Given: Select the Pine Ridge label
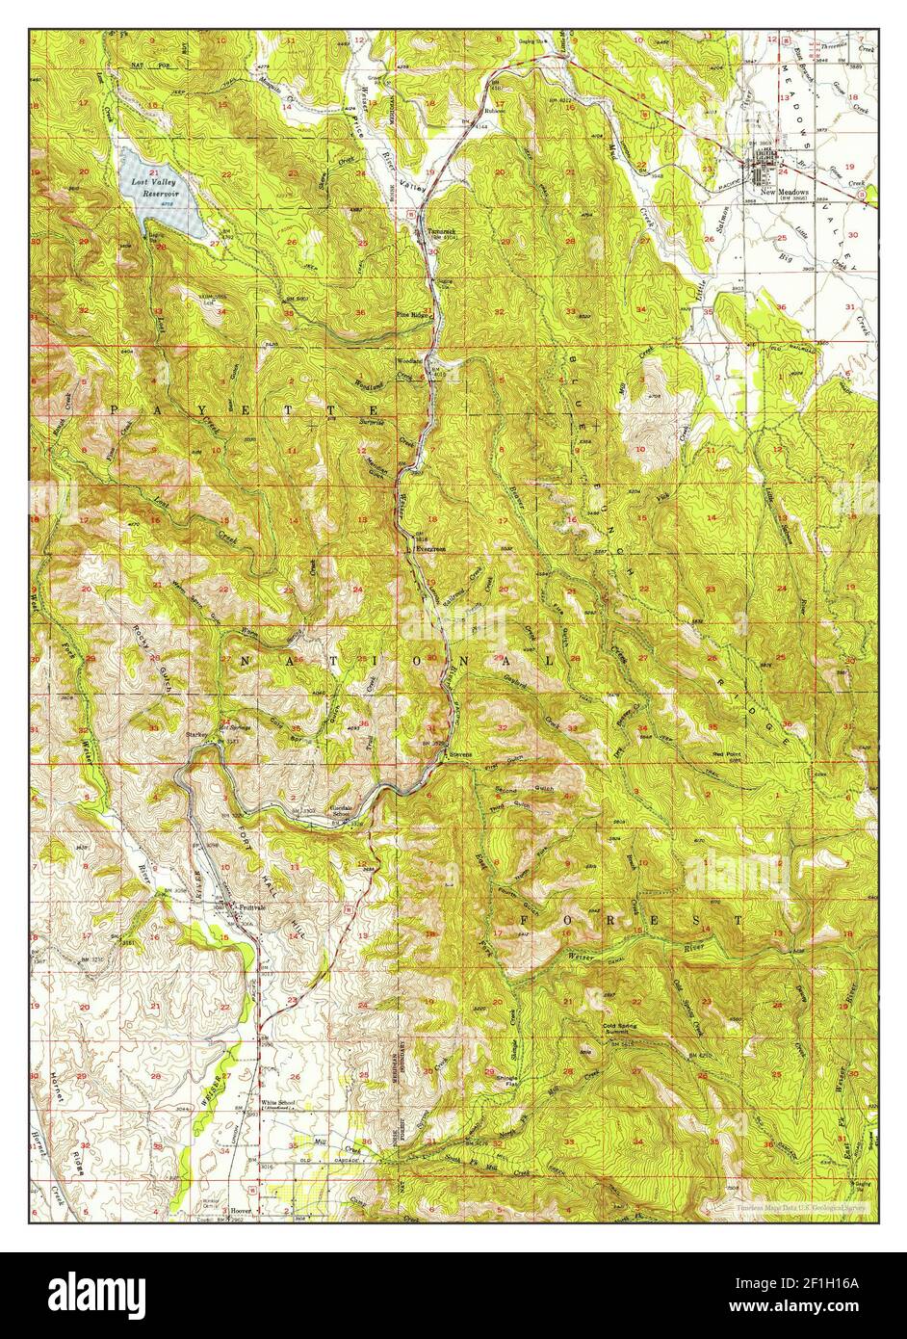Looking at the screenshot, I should point(411,314).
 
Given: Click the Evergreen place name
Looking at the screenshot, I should point(429,548).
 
